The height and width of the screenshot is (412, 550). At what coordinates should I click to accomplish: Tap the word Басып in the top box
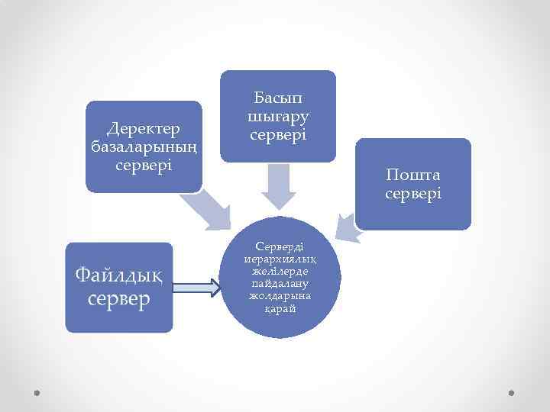coord(279,99)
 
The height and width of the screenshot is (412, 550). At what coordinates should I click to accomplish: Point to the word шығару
coord(279,117)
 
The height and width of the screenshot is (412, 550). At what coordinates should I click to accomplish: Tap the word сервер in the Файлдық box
coord(119,299)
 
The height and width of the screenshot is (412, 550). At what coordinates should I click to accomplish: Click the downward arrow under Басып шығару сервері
coord(279,188)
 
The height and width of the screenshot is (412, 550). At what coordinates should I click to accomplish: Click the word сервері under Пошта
coord(413,194)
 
